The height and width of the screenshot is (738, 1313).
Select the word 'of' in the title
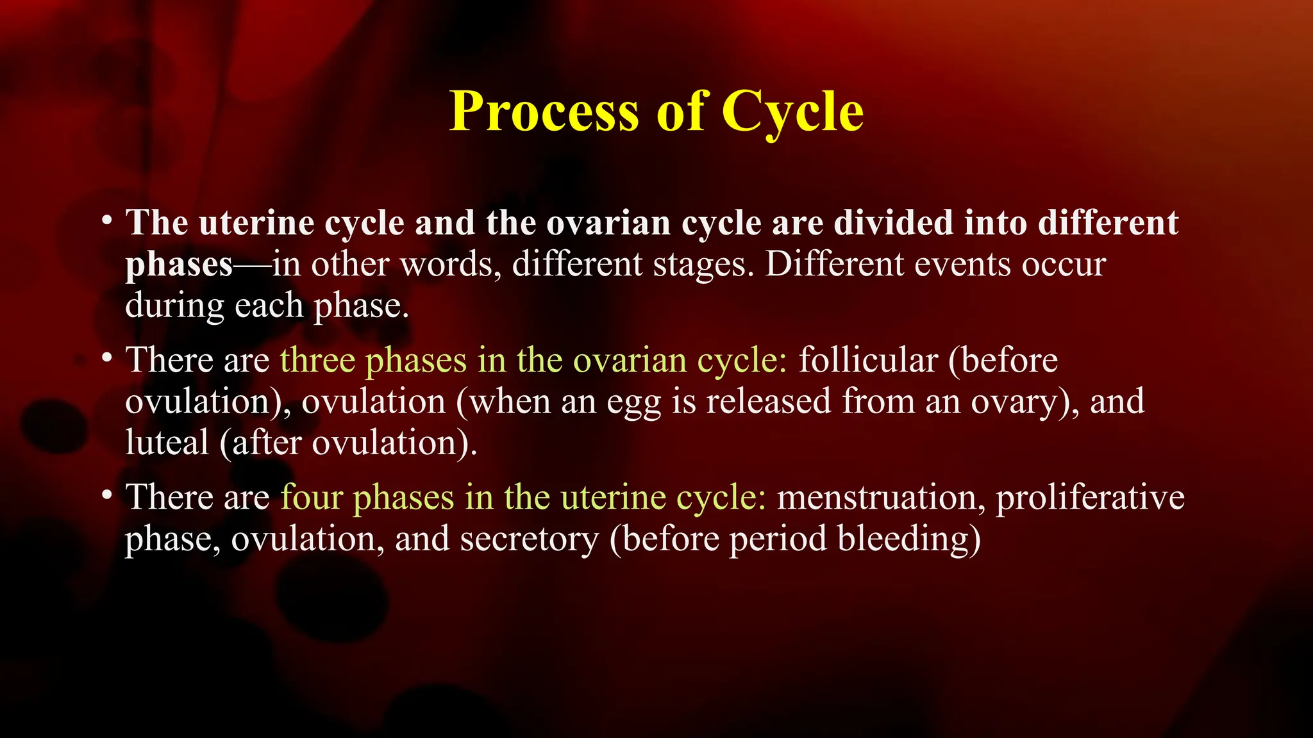tap(680, 112)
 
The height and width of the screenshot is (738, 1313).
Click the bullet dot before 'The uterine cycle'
tap(107, 221)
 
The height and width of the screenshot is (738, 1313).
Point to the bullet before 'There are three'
tap(107, 358)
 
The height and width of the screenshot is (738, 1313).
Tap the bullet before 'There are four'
tap(107, 495)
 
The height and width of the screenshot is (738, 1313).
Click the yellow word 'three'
tap(317, 360)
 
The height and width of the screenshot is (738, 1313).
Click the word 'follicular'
tap(868, 360)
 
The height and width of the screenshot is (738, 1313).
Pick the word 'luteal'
tap(167, 443)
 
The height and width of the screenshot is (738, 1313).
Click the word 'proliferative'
tap(1090, 497)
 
